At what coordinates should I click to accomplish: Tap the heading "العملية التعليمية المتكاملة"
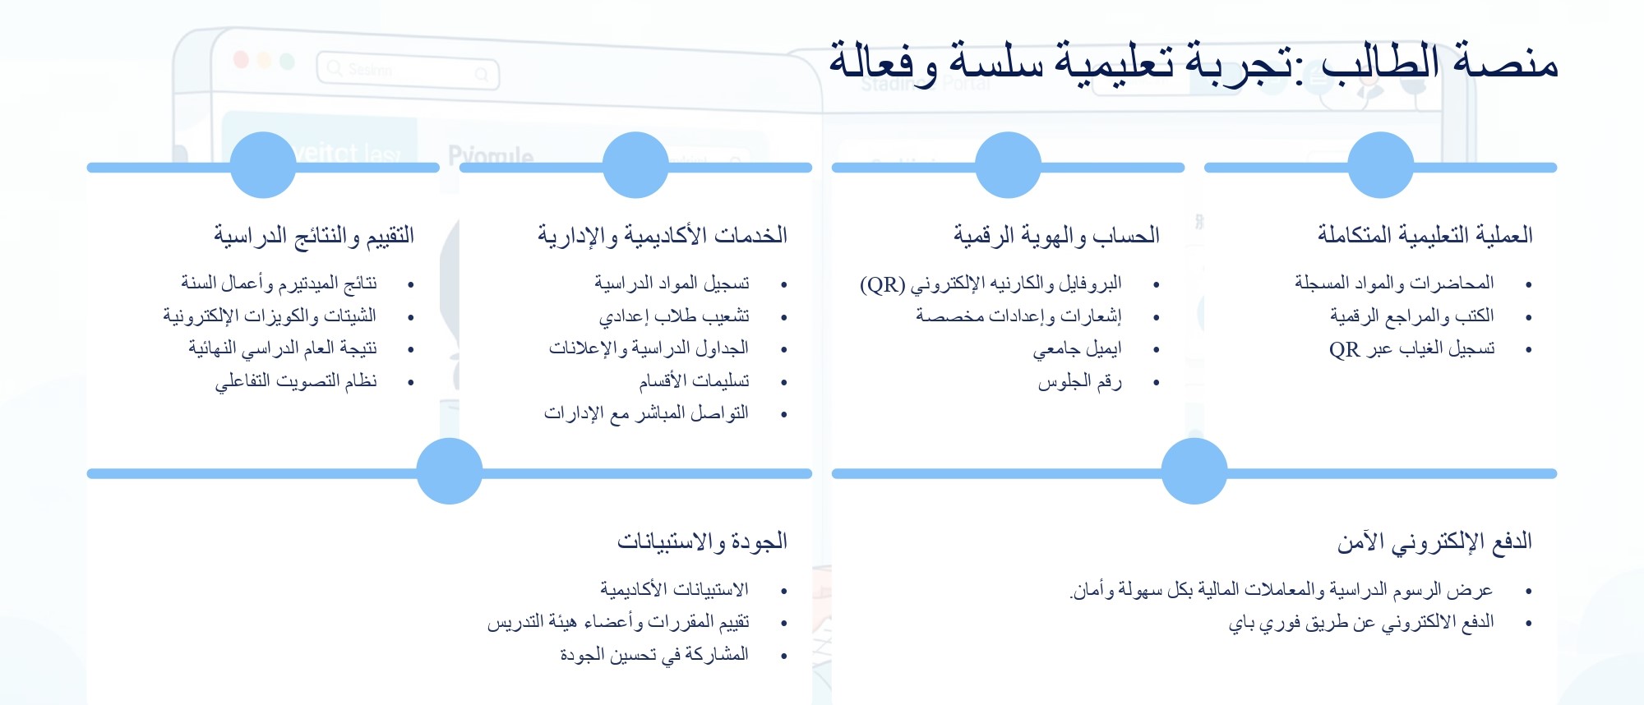[1425, 235]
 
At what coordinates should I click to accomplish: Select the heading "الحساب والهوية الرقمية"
[1057, 236]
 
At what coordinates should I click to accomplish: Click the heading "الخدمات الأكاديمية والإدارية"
[663, 236]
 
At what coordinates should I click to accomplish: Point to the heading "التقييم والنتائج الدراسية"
[314, 236]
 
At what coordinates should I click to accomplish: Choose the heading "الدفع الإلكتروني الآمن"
[1434, 542]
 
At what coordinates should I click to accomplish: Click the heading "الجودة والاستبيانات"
[702, 541]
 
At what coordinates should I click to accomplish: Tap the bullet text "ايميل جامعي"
[1077, 349]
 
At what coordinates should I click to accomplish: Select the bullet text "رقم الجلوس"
[1079, 382]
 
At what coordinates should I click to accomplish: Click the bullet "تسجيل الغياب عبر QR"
[1411, 349]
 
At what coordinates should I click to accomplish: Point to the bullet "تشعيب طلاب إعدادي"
[674, 316]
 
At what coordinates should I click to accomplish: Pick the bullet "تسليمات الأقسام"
[694, 381]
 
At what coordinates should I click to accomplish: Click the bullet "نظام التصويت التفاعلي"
[296, 381]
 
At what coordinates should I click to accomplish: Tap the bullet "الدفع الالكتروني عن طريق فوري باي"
[1361, 623]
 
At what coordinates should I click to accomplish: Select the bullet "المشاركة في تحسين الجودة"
[654, 655]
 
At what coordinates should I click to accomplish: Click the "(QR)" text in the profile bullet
[882, 284]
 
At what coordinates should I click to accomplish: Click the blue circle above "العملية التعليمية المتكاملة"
[1381, 165]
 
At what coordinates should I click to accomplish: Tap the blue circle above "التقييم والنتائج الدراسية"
[263, 165]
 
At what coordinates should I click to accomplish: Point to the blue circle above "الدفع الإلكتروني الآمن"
[1194, 471]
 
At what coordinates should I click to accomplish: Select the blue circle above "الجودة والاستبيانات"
[450, 471]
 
